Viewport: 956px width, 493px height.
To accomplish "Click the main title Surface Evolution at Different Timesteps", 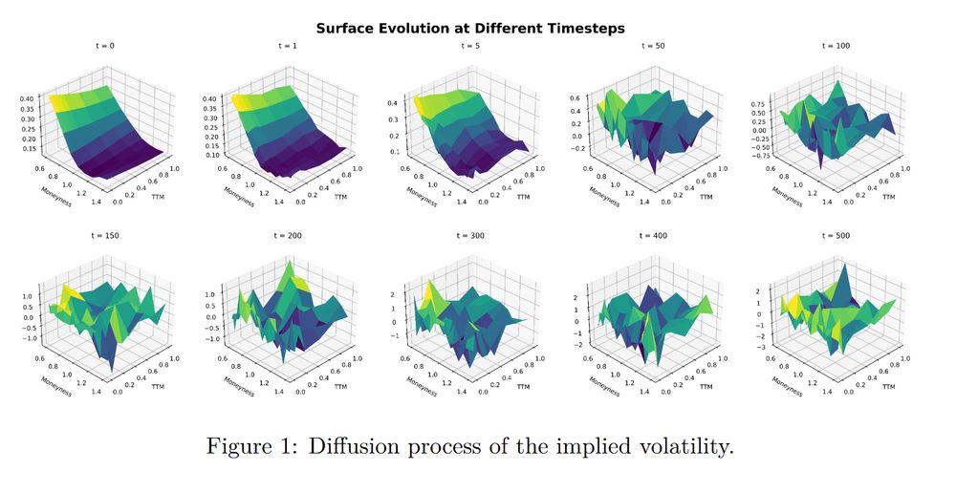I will (x=469, y=28).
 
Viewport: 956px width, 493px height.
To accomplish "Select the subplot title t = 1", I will (x=291, y=46).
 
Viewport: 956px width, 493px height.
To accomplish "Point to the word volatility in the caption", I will (x=682, y=446).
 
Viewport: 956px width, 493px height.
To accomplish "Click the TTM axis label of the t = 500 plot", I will (x=890, y=386).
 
